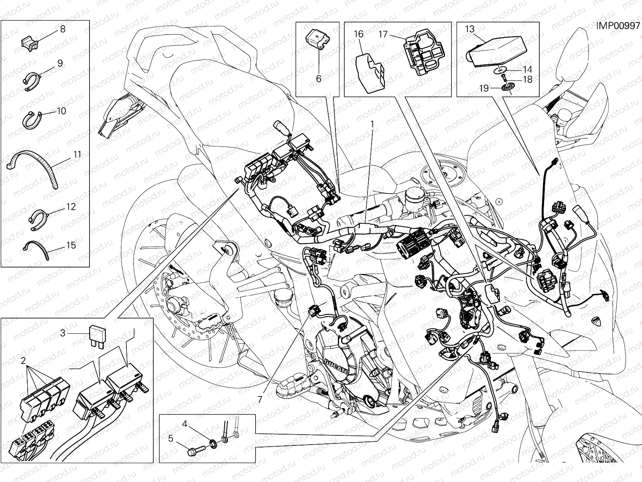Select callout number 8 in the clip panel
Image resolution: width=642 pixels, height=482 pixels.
click(63, 29)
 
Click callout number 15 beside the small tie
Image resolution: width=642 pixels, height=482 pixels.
click(71, 245)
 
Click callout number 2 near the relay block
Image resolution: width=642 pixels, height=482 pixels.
click(23, 359)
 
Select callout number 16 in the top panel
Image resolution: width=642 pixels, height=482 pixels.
click(358, 34)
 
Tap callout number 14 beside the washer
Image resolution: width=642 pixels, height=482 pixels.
click(527, 69)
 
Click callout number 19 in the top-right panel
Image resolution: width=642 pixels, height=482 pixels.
click(484, 88)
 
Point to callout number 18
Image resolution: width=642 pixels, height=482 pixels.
click(527, 80)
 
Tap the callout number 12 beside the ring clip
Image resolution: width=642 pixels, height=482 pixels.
click(71, 207)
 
